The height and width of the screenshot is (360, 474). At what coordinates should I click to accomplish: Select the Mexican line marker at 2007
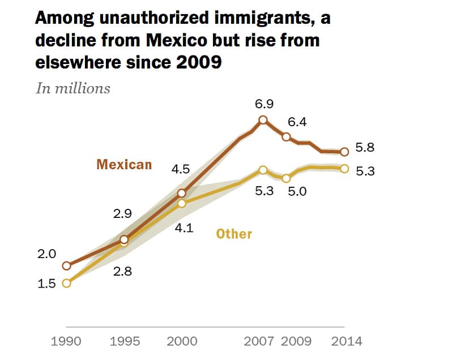coord(263,120)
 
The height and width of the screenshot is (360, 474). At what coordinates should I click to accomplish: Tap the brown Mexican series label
coord(124,165)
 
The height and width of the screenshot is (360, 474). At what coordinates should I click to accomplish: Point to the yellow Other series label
coord(234,234)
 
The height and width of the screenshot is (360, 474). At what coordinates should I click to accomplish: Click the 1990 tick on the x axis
coord(66,341)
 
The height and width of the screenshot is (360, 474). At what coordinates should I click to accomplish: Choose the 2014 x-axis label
coord(347,341)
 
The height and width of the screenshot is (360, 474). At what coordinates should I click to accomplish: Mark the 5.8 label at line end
coord(365,148)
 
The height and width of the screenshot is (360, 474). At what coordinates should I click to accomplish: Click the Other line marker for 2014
coord(344,168)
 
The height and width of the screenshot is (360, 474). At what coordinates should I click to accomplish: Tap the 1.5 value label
coord(46,284)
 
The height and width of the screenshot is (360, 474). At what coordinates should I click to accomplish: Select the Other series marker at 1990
coord(67,283)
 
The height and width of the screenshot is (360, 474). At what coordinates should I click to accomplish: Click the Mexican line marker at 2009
coord(287,137)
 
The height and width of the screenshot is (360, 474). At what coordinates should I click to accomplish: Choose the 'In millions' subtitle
coord(73,88)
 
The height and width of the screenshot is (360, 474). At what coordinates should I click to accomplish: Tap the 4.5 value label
coord(180,169)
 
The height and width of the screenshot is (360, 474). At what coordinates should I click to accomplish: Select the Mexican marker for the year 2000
coord(182,194)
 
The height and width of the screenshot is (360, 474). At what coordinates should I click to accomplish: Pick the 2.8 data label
coord(122,272)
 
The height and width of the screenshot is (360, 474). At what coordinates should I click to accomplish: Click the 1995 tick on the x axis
coord(124,341)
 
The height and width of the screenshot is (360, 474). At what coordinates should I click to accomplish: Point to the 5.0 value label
coord(297,191)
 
